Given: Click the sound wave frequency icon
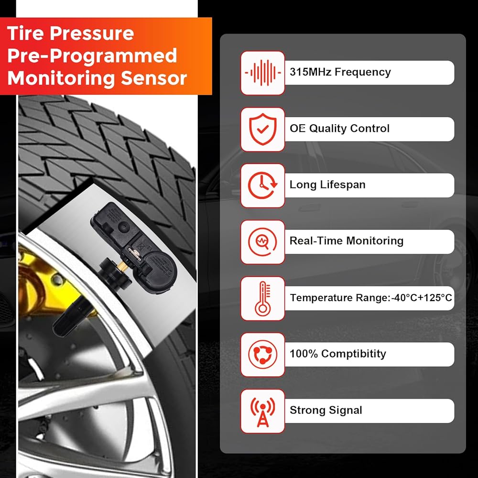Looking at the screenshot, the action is pyautogui.click(x=263, y=73).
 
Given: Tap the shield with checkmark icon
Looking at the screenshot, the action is pyautogui.click(x=263, y=129).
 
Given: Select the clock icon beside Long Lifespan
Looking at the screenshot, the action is pyautogui.click(x=262, y=185).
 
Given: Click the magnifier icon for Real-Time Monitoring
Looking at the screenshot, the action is pyautogui.click(x=262, y=242).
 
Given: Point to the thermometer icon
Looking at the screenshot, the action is pyautogui.click(x=263, y=298).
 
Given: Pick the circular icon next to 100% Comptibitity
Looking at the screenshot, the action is pyautogui.click(x=263, y=355).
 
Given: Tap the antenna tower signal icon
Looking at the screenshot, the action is pyautogui.click(x=263, y=412).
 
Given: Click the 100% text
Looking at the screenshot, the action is pyautogui.click(x=304, y=354).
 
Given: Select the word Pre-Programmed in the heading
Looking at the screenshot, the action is pyautogui.click(x=92, y=55).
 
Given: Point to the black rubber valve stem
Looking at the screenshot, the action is pyautogui.click(x=73, y=319).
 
